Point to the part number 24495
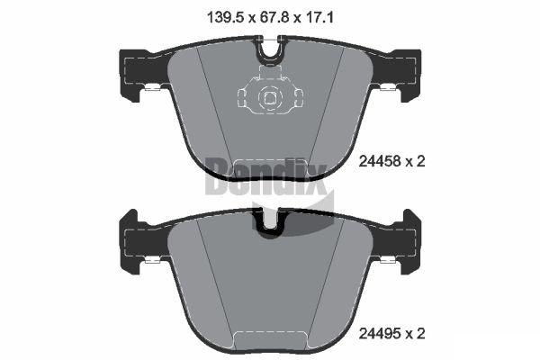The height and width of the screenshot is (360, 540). click(377, 334)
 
